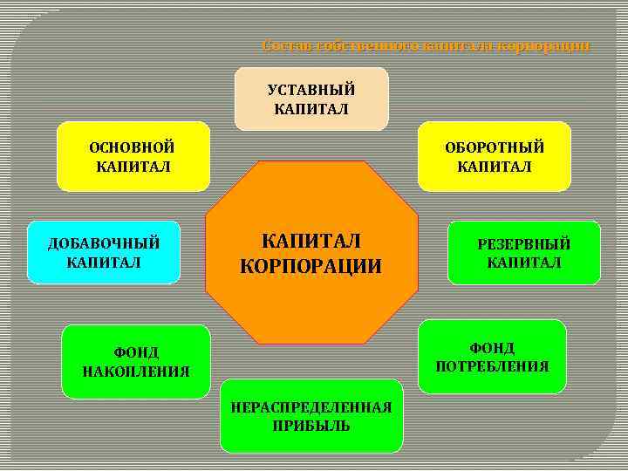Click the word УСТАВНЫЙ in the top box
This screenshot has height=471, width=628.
(311, 90)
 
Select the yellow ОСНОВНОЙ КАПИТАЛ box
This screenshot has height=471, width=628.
(133, 156)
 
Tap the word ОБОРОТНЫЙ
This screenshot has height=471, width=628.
(495, 147)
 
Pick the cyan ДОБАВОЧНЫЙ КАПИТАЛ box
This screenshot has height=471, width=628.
(103, 252)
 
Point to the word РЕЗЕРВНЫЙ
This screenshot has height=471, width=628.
(523, 244)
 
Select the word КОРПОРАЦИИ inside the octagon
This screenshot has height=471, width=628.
(311, 266)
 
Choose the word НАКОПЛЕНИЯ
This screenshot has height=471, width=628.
(136, 372)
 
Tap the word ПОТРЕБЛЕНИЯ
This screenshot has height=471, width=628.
(492, 366)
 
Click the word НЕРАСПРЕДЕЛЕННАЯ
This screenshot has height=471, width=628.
(311, 407)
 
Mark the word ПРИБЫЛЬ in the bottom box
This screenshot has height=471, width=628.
(311, 426)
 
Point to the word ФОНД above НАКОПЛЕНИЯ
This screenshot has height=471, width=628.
(136, 352)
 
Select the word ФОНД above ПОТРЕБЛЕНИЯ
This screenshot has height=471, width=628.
(493, 348)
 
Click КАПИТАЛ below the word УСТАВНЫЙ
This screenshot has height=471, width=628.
(311, 109)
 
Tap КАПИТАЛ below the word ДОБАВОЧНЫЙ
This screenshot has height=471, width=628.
(103, 262)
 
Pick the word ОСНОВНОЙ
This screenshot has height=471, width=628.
(133, 147)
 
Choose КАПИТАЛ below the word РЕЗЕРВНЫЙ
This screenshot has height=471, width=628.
(524, 263)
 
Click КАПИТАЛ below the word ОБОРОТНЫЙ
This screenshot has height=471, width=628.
(495, 167)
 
